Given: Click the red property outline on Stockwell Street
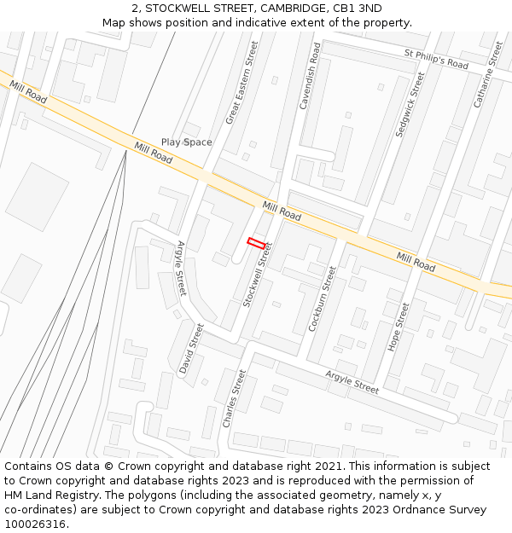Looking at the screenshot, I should click(x=256, y=243).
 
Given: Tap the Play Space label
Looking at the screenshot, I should click(x=186, y=142).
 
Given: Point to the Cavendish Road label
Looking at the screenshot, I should click(x=309, y=78).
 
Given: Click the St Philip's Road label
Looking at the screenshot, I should click(x=436, y=59).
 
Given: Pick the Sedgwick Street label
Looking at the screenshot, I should click(x=411, y=105).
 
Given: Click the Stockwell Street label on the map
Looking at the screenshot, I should click(x=257, y=275).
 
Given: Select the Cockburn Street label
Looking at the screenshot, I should click(x=322, y=299).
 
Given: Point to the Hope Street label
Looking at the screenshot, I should click(x=399, y=327).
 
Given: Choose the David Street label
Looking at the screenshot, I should click(x=193, y=348).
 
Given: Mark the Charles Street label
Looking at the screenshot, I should click(x=234, y=398).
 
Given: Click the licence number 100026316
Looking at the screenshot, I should click(x=35, y=524).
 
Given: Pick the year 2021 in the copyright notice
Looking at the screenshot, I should click(x=327, y=466).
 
